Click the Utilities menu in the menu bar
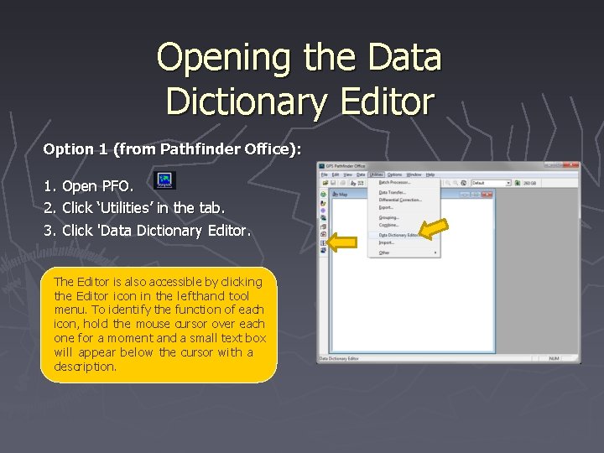tap(375, 174)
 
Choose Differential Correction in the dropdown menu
tap(400, 200)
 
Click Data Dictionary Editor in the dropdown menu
tap(398, 235)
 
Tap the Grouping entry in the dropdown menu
tap(388, 217)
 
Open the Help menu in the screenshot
tap(430, 174)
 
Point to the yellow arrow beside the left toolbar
tap(342, 243)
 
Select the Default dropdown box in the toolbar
tap(490, 182)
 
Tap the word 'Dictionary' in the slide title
tap(239, 102)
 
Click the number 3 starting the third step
tap(48, 230)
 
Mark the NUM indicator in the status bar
tap(555, 358)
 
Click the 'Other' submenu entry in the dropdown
tap(384, 253)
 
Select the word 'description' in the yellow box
tap(85, 367)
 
